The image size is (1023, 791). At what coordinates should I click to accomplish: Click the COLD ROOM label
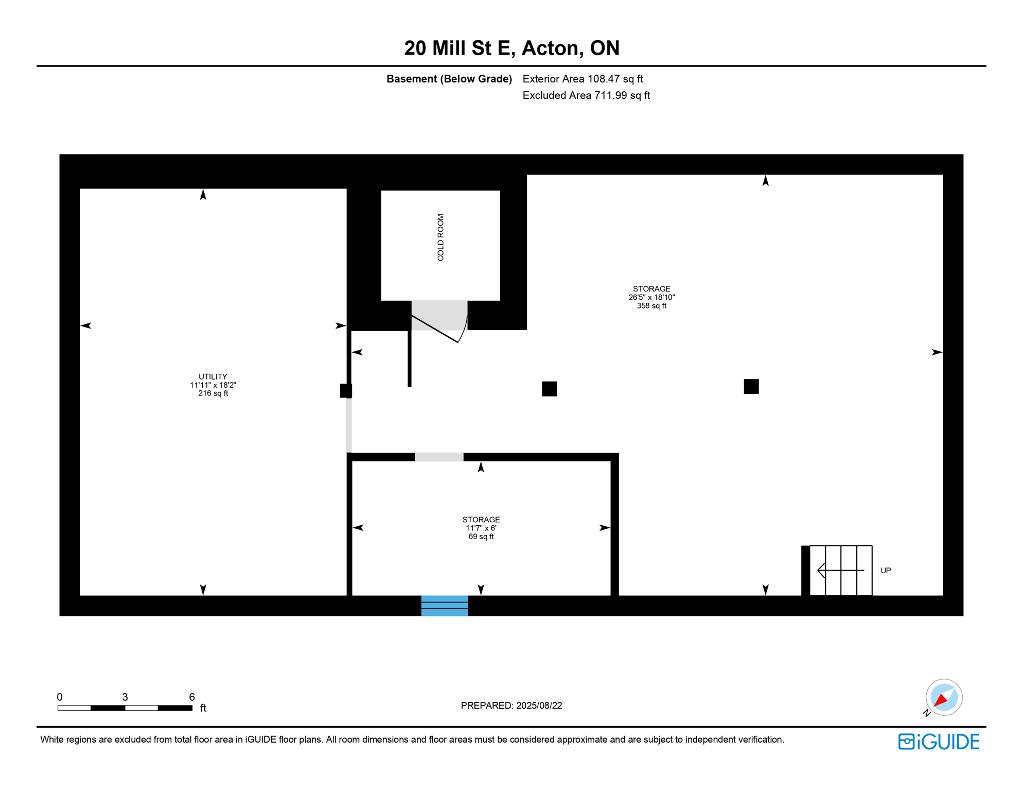(x=440, y=237)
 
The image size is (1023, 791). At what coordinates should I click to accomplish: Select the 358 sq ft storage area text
(x=651, y=306)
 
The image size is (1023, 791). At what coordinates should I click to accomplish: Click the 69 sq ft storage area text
(x=481, y=537)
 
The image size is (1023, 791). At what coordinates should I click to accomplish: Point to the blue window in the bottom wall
(x=444, y=606)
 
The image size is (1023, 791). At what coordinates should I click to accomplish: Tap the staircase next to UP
(x=840, y=570)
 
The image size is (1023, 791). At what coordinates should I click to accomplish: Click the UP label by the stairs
(x=885, y=571)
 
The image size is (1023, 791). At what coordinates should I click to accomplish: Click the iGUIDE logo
(x=939, y=742)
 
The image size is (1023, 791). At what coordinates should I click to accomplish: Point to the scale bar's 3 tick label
(x=125, y=697)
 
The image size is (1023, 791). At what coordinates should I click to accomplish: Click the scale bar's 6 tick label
(x=191, y=697)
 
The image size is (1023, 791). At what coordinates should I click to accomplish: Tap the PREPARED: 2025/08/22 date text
(x=511, y=706)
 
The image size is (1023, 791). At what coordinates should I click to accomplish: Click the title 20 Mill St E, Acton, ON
(x=511, y=48)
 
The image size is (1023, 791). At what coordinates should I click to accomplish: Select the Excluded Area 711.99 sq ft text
(x=586, y=95)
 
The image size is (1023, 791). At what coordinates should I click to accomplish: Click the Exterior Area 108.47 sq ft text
(x=583, y=79)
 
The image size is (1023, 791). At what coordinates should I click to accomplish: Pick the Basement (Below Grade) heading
(x=449, y=79)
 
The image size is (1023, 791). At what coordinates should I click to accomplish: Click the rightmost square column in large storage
(x=751, y=386)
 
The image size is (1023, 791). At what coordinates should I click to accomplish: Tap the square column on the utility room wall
(x=346, y=390)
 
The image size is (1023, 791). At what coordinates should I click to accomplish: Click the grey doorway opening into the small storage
(x=439, y=457)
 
